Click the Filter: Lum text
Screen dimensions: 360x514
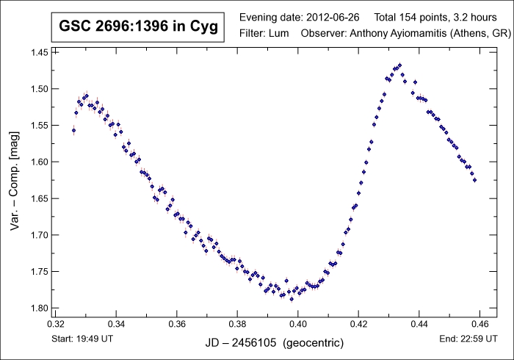click(x=264, y=33)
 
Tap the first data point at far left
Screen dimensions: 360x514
click(x=73, y=131)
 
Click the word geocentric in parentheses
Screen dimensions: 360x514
click(x=317, y=343)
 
